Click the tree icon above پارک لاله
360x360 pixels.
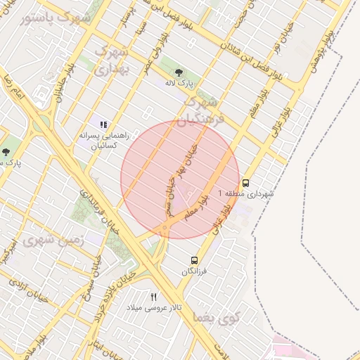click(178, 72)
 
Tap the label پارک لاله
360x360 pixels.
click(178, 84)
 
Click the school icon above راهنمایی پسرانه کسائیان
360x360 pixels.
click(104, 124)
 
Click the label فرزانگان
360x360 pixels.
click(195, 271)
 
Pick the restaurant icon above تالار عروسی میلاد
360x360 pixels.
click(153, 297)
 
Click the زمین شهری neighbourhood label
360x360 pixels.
click(53, 240)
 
